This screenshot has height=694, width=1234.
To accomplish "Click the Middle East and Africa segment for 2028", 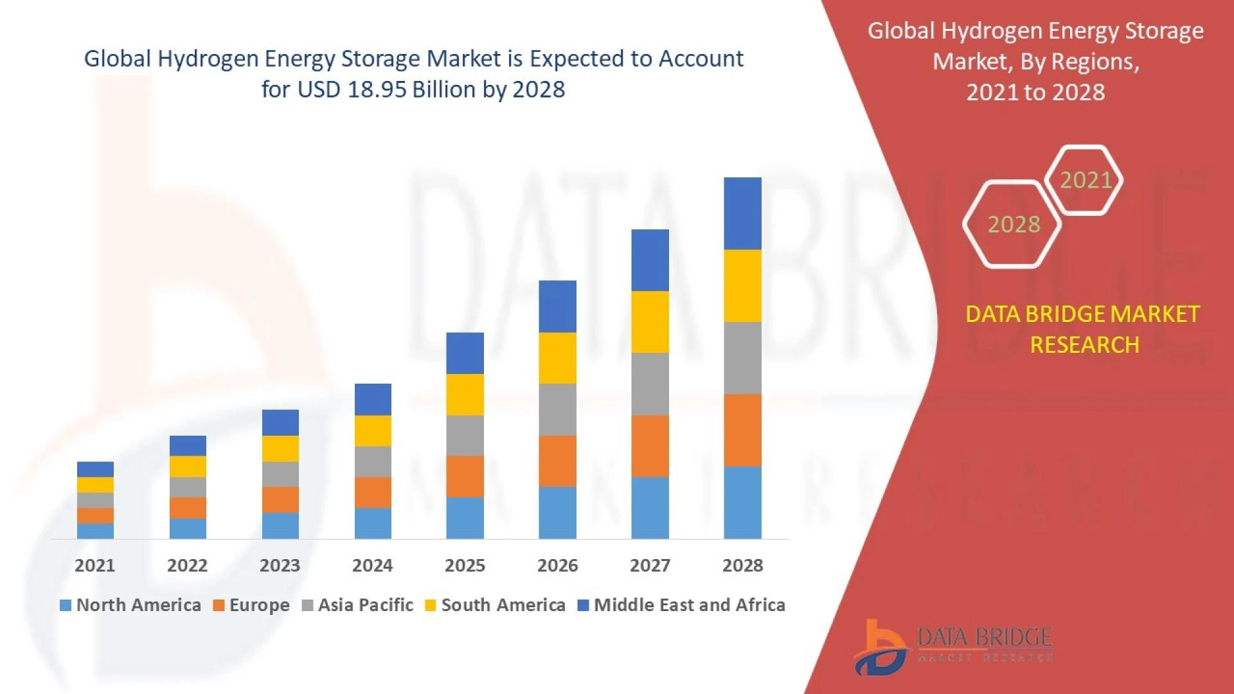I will coord(742,213).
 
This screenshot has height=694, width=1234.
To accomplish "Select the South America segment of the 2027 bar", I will coord(650,321).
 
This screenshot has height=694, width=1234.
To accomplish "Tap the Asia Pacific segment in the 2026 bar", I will coord(557,409).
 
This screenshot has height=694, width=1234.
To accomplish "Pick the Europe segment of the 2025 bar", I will coord(465,476).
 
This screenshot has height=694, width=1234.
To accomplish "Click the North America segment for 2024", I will coord(373,523).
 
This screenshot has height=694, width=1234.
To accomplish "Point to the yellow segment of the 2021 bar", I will coord(95,485).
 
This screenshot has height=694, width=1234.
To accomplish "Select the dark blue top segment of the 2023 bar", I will coord(280,422).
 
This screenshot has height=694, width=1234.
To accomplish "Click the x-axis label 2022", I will coord(187,565).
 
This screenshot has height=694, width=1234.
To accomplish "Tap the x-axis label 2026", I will coord(557,565).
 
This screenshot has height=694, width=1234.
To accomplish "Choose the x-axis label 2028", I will coord(742,565).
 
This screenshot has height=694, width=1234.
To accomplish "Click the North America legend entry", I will coord(130,605).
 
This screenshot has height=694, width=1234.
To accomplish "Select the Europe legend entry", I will coord(251,605).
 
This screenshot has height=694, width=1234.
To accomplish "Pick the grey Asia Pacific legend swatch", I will coord(307,605).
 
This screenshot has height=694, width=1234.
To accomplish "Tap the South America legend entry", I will coord(496,605).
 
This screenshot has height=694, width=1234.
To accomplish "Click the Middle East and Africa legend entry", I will coord(682,605).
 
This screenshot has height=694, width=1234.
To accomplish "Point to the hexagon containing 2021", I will coord(1084,180).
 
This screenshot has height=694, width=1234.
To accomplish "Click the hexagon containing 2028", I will coord(1013,224).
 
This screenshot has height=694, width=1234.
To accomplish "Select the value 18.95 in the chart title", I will coord(377,89).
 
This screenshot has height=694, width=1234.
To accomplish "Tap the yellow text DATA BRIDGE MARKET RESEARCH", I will coord(1083,329).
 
